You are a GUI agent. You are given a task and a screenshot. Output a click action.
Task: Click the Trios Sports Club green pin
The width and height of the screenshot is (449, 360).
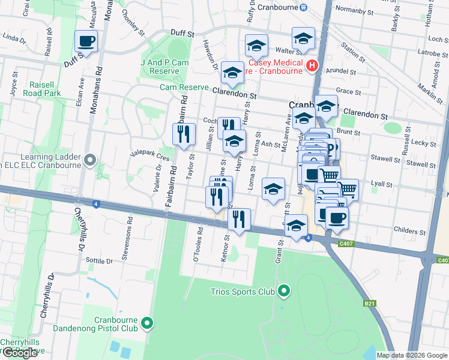point(285,292)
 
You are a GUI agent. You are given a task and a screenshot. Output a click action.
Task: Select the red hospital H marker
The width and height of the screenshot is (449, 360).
point(312,65)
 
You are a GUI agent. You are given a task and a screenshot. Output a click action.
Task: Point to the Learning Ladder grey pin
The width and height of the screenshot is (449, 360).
point(90,160)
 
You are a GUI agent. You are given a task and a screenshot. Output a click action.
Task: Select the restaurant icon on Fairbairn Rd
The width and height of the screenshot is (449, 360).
point(184,134)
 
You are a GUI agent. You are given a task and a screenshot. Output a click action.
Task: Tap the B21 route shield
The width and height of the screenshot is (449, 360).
point(370,305)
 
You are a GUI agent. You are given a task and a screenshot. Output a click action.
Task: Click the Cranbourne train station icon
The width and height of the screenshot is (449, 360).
point(304,7)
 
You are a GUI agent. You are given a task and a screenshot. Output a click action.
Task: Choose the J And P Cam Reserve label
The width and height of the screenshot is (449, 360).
point(164,67)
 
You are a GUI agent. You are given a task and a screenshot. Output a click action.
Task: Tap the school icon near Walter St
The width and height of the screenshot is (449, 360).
point(303,38)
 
